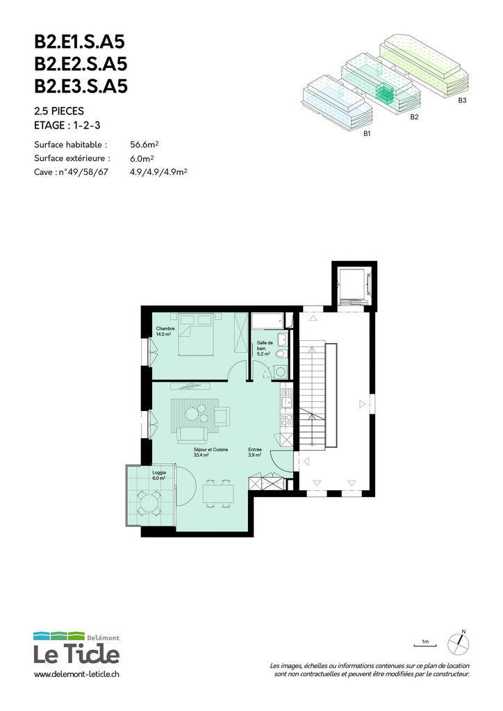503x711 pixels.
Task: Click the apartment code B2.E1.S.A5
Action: pyautogui.click(x=79, y=42)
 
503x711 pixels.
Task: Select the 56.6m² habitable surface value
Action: pyautogui.click(x=145, y=144)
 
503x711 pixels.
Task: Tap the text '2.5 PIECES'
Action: pyautogui.click(x=59, y=111)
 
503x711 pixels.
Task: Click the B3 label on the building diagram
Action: pyautogui.click(x=462, y=100)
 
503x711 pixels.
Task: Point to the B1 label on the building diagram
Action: pyautogui.click(x=367, y=134)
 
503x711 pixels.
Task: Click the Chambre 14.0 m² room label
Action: pyautogui.click(x=165, y=331)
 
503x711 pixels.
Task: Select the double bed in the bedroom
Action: pyautogui.click(x=196, y=334)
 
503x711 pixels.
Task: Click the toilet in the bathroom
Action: pyautogui.click(x=281, y=353)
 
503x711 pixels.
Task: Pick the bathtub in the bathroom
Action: pyautogui.click(x=267, y=321)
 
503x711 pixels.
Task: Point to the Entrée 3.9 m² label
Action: pyautogui.click(x=254, y=452)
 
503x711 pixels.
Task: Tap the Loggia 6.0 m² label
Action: pyautogui.click(x=158, y=475)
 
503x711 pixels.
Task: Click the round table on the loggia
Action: pyautogui.click(x=149, y=503)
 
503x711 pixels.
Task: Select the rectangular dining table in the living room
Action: pyautogui.click(x=218, y=493)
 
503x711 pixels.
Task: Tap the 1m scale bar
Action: pyautogui.click(x=425, y=644)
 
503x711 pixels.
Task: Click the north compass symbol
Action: pyautogui.click(x=459, y=643)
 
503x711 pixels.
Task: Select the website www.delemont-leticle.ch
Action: pyautogui.click(x=76, y=674)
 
